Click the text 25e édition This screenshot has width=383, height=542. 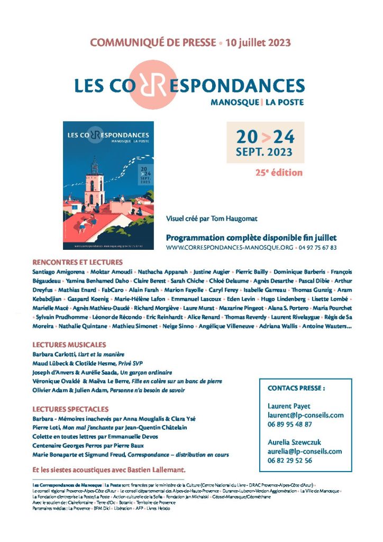279,173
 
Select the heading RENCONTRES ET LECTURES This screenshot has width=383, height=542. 77,262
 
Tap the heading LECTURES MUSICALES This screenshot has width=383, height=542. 69,345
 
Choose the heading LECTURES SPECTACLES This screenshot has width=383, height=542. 70,409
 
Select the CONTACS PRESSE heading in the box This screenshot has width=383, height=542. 296,388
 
